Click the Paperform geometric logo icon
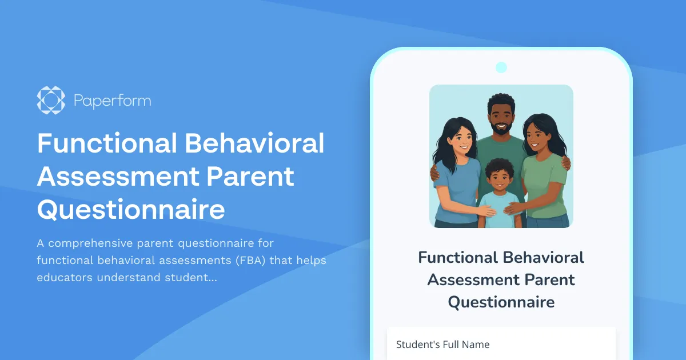(51, 101)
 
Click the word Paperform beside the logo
(113, 101)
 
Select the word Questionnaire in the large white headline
(131, 210)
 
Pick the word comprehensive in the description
(107, 243)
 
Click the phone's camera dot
(501, 67)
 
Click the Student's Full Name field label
(443, 344)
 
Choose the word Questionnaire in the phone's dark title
(501, 301)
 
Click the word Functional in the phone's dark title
(458, 257)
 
